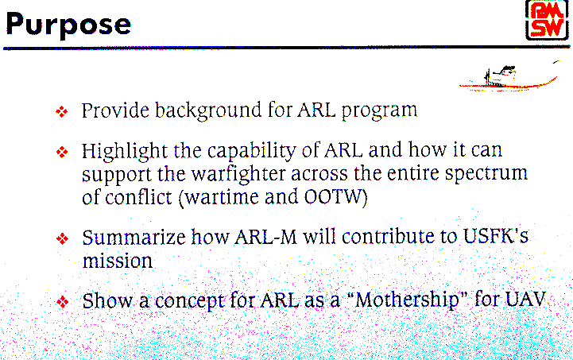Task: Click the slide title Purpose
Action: [68, 25]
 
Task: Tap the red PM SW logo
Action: [547, 21]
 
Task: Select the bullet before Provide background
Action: [62, 111]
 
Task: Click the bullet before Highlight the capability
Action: [62, 152]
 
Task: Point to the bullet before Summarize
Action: [63, 238]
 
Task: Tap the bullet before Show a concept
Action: [63, 301]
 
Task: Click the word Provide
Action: [115, 110]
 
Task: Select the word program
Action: [379, 111]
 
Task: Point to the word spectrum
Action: [486, 174]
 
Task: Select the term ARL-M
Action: [265, 238]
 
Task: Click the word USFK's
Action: [496, 237]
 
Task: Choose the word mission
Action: [118, 261]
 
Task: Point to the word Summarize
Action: [134, 238]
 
